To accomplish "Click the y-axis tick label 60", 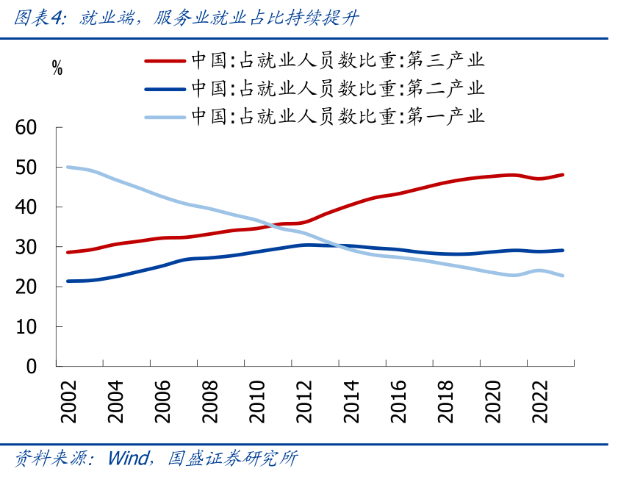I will [x=26, y=128].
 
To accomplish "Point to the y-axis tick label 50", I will [x=26, y=168].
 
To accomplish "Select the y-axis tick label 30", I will [x=26, y=247].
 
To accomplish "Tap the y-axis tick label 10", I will [x=26, y=326].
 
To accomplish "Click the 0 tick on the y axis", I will [x=31, y=366].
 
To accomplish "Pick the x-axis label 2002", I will [x=69, y=401].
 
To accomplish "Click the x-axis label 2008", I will [x=210, y=401].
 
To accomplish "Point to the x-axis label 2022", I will [x=539, y=401].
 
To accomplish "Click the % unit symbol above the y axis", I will [x=57, y=70].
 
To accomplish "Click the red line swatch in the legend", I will [x=165, y=61].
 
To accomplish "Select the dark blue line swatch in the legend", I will [x=165, y=89].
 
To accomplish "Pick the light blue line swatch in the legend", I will [x=165, y=116].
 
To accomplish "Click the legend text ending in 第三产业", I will [x=338, y=61].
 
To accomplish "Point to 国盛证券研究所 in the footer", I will [x=233, y=459].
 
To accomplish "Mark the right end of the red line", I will [x=563, y=175].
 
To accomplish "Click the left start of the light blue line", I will [x=68, y=167].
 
